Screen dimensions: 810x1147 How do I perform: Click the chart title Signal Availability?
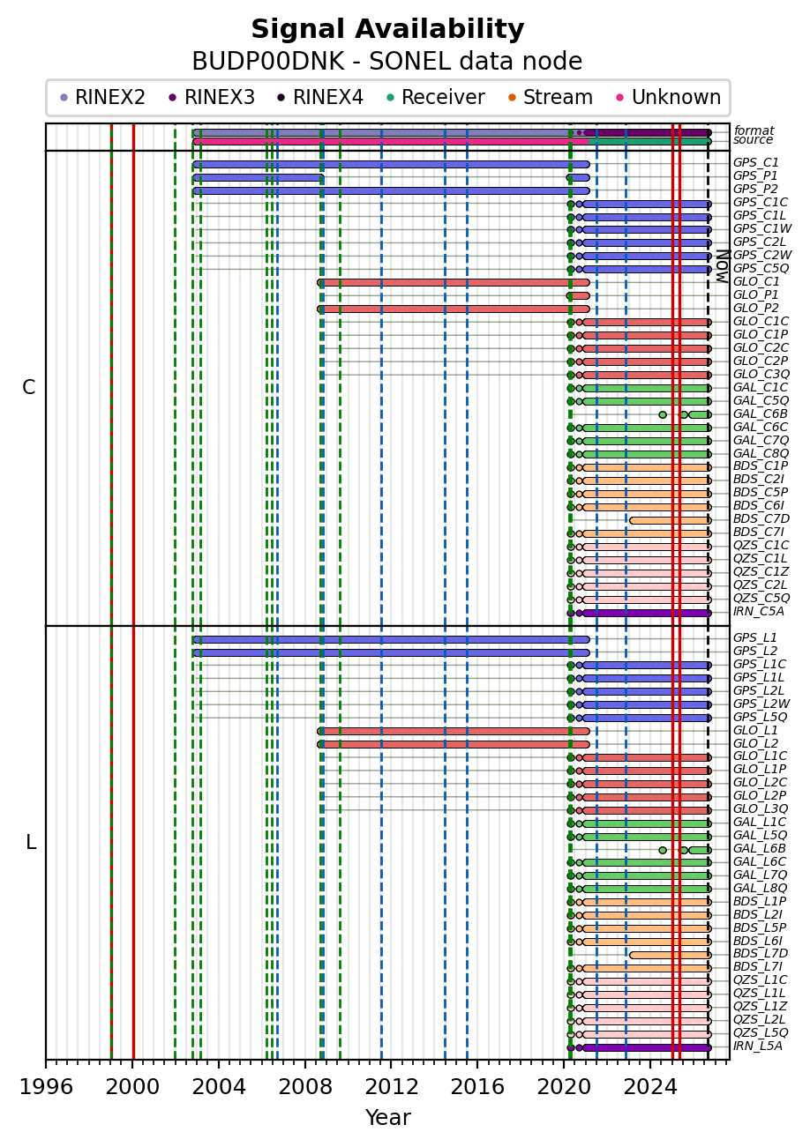click(387, 29)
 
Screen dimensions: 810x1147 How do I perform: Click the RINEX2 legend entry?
click(103, 97)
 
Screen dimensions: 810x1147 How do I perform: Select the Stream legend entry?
click(551, 97)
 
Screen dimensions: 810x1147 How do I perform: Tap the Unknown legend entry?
click(669, 97)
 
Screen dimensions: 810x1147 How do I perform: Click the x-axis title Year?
click(388, 1118)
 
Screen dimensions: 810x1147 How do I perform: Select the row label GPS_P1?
click(755, 175)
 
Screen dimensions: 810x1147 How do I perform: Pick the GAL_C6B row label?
click(761, 413)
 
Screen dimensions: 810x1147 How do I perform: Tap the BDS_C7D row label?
click(761, 519)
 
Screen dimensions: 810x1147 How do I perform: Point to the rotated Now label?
click(723, 266)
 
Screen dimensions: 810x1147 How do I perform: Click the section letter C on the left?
click(29, 388)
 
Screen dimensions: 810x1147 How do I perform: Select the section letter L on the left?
click(31, 842)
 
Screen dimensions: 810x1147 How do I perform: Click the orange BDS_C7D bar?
click(670, 521)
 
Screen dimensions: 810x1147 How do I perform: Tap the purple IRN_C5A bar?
click(647, 613)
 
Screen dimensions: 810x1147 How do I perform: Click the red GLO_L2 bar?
click(454, 744)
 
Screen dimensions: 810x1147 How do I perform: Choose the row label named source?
click(753, 140)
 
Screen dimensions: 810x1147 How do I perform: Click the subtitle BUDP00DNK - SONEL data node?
click(387, 62)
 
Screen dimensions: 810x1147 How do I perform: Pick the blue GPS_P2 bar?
click(391, 191)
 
